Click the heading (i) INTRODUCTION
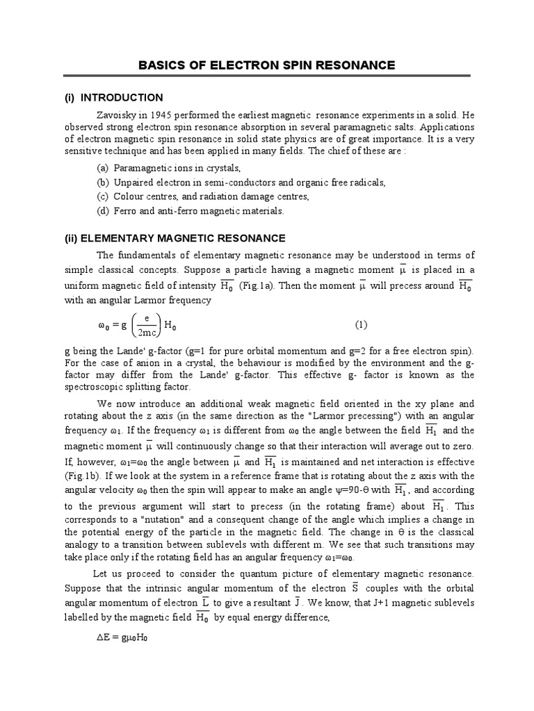click(113, 97)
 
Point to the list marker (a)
click(103, 169)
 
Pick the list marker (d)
click(103, 210)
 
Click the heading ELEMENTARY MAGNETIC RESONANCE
click(184, 238)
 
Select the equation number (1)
click(360, 324)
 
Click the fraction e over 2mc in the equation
click(146, 324)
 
